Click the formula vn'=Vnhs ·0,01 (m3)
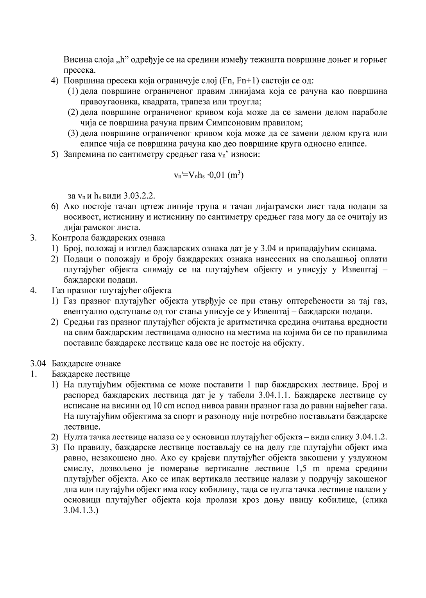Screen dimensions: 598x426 (x=209, y=175)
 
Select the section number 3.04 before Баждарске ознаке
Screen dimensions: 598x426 (x=38, y=363)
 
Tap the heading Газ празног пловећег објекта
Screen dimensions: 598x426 (x=111, y=290)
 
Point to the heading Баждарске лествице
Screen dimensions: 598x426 (x=91, y=374)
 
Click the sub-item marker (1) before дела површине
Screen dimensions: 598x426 (x=73, y=91)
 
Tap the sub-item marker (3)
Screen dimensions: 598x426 (x=73, y=133)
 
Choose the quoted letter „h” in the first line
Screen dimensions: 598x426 (x=116, y=60)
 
